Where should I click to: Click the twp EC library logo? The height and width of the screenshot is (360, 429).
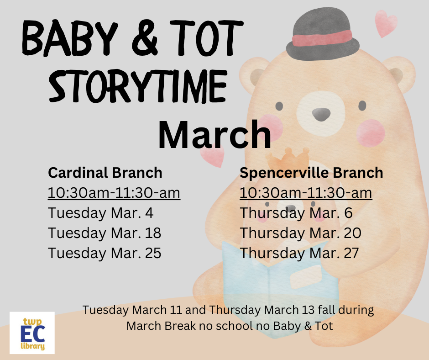coord(32,333)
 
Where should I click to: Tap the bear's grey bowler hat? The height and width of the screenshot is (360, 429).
coord(323,34)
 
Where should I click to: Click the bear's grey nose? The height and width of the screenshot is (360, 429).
coord(321,114)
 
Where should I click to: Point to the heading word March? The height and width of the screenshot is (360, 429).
coord(215,135)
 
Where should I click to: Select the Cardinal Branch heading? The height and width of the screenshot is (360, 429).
coord(105,173)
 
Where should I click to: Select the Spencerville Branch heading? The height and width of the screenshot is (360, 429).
coord(311,173)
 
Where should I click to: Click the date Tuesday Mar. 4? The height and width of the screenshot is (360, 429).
coord(101,213)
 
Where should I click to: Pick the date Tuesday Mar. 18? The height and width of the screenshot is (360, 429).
coord(105,233)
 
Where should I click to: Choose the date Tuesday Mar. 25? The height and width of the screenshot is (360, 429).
coord(105,253)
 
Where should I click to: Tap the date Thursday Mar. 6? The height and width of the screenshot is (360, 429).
coord(296,213)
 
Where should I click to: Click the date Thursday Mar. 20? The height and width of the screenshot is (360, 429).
coord(300,233)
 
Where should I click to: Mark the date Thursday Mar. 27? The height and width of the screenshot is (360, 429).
coord(299,253)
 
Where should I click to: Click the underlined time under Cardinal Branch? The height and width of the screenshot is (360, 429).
coord(114,193)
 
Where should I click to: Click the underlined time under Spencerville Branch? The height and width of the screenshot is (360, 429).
coord(306,193)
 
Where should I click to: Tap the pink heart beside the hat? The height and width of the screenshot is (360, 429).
coord(386,23)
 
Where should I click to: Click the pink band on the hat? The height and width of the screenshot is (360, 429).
coord(322,38)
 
